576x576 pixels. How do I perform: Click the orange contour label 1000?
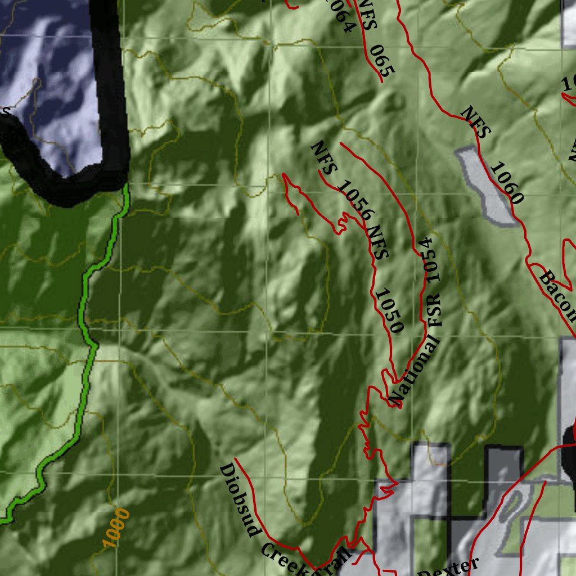(117, 528)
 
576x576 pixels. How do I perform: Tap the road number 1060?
(507, 183)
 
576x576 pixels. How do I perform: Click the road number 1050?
(389, 310)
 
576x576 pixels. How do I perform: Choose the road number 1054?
(427, 259)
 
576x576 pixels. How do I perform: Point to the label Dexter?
(450, 567)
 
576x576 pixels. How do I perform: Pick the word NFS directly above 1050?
(376, 241)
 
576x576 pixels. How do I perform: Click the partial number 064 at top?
(340, 17)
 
